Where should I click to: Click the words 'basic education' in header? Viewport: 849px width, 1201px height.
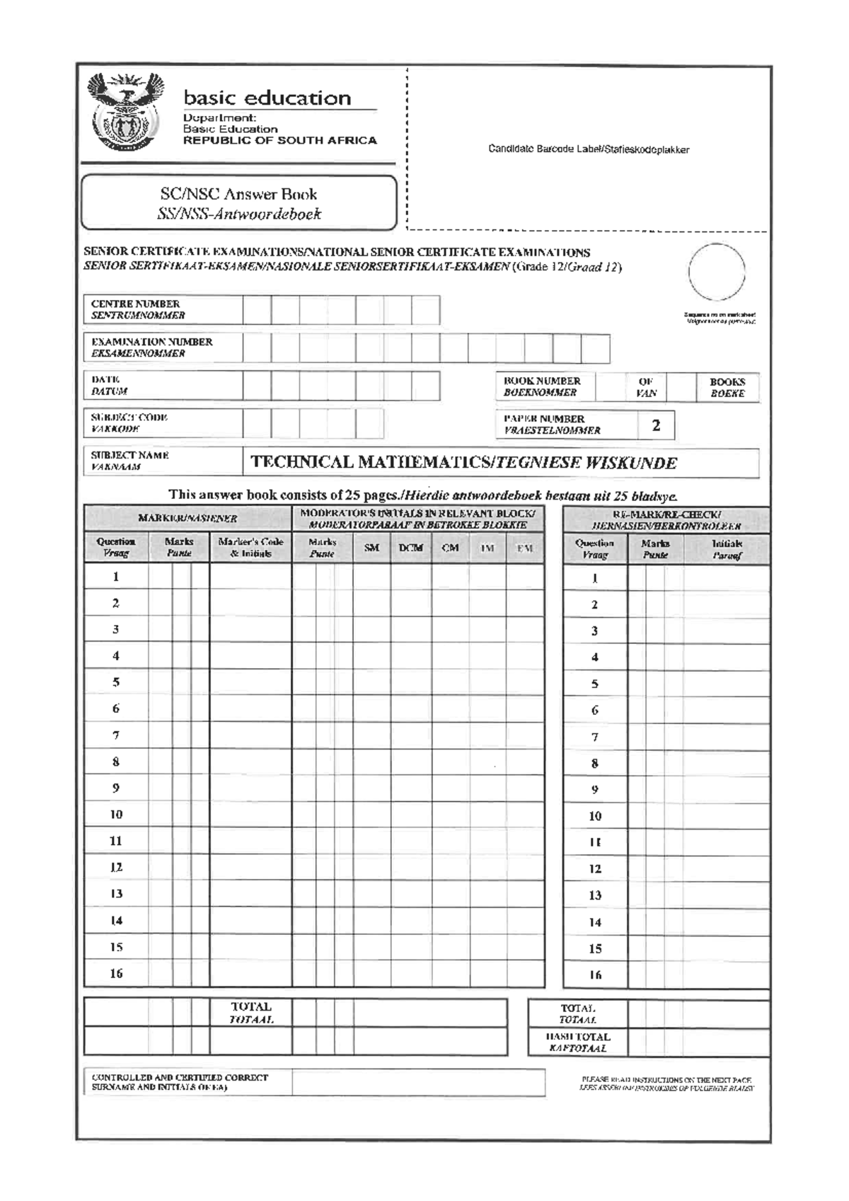tap(267, 98)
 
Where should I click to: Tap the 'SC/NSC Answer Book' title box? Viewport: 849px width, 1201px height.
tap(238, 203)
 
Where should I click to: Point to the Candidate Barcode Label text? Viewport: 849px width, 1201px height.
tap(588, 149)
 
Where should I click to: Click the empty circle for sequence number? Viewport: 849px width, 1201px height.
tap(716, 272)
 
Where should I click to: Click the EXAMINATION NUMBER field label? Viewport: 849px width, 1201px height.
tap(151, 347)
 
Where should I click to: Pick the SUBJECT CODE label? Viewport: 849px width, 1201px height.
tap(129, 423)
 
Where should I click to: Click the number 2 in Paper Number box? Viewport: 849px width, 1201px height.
tap(656, 425)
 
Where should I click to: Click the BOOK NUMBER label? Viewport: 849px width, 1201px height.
tap(541, 386)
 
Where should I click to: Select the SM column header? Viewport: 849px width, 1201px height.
tap(371, 548)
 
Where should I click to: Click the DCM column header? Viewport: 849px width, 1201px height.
tap(410, 548)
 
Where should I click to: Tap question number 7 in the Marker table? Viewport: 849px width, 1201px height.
tap(116, 735)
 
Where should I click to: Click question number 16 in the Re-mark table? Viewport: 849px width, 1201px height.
tap(595, 975)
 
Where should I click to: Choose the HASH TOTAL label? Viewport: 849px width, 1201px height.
tap(577, 1042)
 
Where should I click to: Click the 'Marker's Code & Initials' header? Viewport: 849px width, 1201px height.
tap(250, 547)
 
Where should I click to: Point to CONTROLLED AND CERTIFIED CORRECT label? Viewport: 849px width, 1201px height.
tap(180, 1081)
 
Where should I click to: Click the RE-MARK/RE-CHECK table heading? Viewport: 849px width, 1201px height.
tap(666, 520)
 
